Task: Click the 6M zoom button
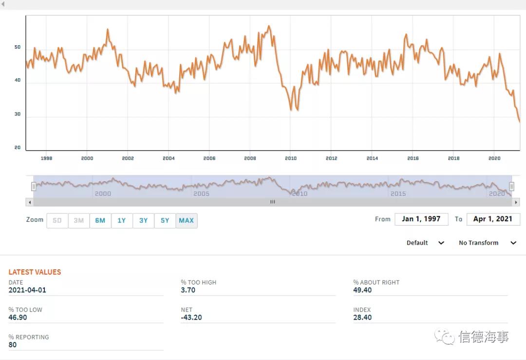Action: (100, 221)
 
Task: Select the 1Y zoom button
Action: (122, 221)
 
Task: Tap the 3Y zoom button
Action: (143, 221)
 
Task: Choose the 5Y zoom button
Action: (165, 221)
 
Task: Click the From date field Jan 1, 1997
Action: (421, 219)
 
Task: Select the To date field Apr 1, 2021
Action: (493, 219)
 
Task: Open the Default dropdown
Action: (425, 243)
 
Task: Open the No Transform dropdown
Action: (487, 243)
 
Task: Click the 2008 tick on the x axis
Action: (250, 158)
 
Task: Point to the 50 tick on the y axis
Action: (18, 47)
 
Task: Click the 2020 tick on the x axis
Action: (494, 158)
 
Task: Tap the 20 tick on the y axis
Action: (18, 148)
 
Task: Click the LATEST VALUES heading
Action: (35, 272)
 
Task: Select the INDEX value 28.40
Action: (362, 318)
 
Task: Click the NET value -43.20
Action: (191, 318)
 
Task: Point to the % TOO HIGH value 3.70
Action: (188, 290)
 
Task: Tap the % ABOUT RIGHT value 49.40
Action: (362, 290)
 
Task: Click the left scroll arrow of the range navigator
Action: (30, 202)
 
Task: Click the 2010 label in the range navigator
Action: (299, 194)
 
